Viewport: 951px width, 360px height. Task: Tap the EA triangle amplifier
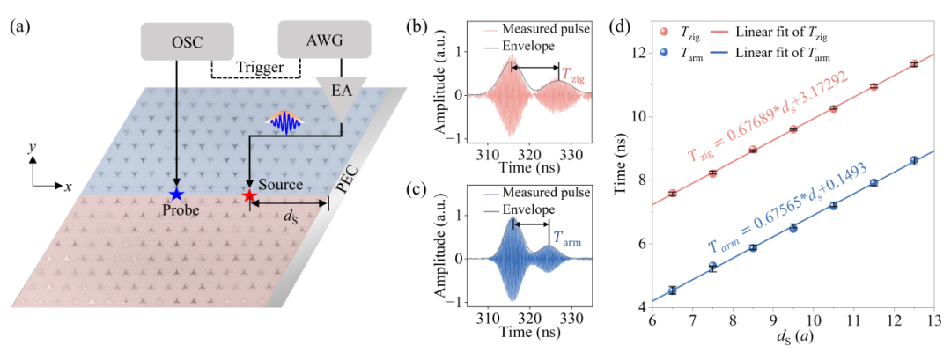point(343,96)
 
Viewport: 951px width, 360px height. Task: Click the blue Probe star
point(176,194)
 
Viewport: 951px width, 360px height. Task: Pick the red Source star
point(250,195)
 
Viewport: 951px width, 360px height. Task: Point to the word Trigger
point(256,67)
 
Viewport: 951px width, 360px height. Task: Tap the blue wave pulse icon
point(279,124)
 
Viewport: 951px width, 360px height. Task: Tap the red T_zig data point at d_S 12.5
point(913,64)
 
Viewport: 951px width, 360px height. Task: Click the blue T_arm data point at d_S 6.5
point(672,290)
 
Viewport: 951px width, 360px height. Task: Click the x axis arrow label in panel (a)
point(68,187)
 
